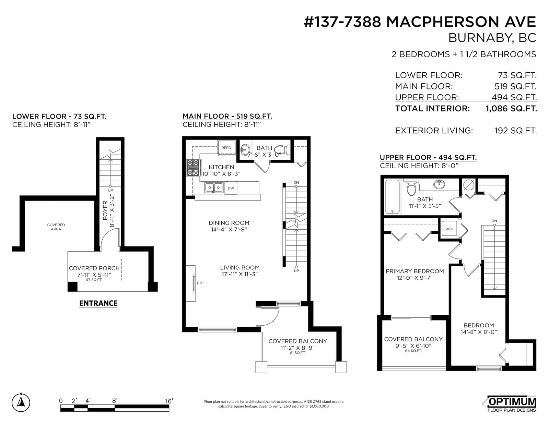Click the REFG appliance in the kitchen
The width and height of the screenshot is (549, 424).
pos(226,147)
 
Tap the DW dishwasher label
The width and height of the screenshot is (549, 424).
pos(231,188)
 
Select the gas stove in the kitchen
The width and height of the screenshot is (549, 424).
pos(193,168)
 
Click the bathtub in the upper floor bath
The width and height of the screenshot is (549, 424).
pos(392,197)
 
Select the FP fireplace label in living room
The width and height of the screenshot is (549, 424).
pos(199,283)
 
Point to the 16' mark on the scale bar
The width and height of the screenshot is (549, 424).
pos(168,401)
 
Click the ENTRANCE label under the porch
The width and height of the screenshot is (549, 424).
pos(98,303)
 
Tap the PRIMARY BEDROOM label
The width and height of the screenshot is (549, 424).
pos(414,271)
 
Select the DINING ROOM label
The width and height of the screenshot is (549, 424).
pos(229,223)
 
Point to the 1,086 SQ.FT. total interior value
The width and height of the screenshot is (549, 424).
pos(511,109)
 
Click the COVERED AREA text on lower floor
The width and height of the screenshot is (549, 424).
pos(56,227)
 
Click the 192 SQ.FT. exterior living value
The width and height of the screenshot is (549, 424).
pos(516,131)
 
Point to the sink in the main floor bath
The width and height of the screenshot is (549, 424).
pos(245,149)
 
